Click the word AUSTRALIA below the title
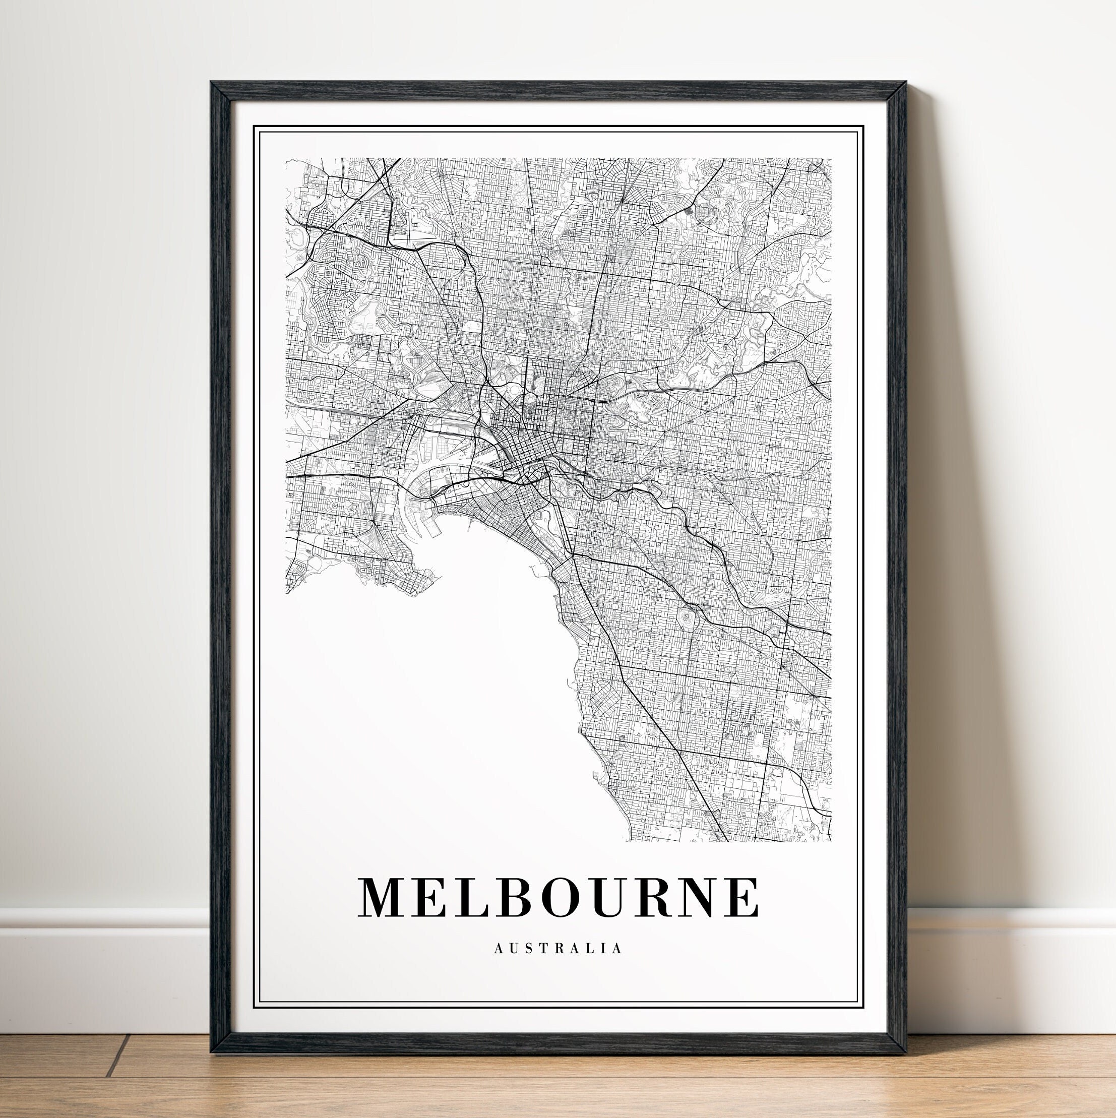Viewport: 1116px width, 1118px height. pos(559,965)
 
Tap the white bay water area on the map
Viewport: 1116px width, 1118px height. pos(428,695)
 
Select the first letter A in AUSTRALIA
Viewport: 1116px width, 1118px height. pos(498,965)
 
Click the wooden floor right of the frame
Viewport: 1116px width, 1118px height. pos(1013,1076)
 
